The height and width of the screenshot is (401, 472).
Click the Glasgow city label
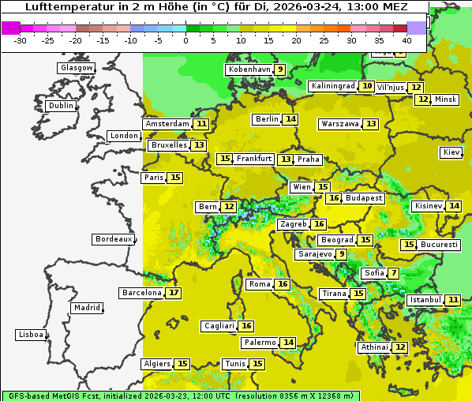pyautogui.click(x=76, y=68)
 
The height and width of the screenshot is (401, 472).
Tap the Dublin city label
pyautogui.click(x=60, y=106)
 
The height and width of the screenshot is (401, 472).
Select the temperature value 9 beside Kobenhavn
pyautogui.click(x=280, y=69)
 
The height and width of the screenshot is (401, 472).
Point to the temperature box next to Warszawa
pyautogui.click(x=371, y=124)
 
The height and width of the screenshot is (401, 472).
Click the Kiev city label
pyautogui.click(x=451, y=152)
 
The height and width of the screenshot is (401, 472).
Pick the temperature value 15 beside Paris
pyautogui.click(x=174, y=178)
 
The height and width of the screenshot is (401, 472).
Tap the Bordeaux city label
pyautogui.click(x=114, y=239)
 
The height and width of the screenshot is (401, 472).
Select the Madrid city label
pyautogui.click(x=86, y=308)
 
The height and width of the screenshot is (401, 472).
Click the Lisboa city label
pyautogui.click(x=31, y=335)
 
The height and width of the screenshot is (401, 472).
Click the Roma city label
pyautogui.click(x=260, y=284)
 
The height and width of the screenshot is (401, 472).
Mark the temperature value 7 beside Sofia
pyautogui.click(x=393, y=273)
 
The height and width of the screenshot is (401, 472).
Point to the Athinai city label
pyautogui.click(x=374, y=347)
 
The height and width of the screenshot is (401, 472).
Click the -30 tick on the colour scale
pyautogui.click(x=21, y=40)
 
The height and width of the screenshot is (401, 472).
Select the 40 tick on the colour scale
pyautogui.click(x=406, y=40)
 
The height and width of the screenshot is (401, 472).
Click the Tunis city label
pyautogui.click(x=234, y=364)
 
